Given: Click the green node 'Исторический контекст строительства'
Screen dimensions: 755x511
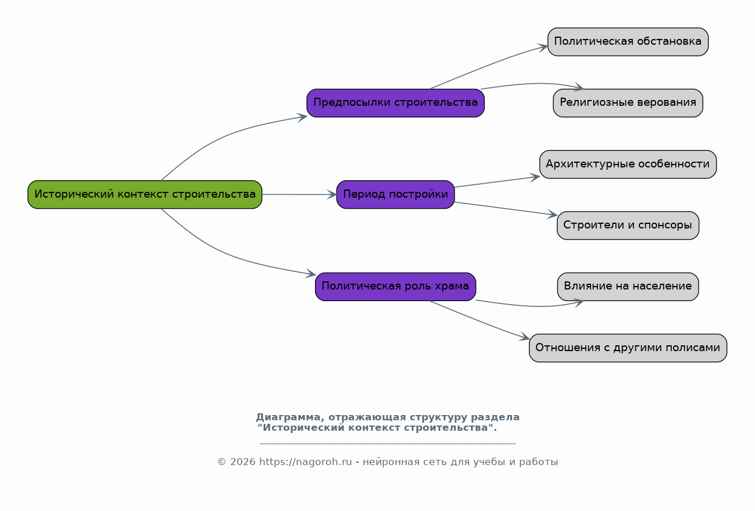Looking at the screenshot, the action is [145, 195].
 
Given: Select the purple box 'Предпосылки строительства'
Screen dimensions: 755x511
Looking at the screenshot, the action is [395, 103].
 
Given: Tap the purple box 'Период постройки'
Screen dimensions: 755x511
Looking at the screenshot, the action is [395, 195].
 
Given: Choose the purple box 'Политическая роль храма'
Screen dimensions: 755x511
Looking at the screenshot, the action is [395, 287].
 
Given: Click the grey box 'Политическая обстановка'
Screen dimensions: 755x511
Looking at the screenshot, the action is [628, 42].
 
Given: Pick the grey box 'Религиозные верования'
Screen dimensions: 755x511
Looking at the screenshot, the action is [628, 103].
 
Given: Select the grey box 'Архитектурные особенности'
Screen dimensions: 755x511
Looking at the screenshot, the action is [628, 164].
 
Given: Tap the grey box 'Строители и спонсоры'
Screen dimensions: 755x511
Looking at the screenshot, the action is [628, 226].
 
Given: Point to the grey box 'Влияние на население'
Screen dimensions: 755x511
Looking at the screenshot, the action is [628, 287].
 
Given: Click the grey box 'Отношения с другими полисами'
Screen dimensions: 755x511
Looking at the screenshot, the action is [628, 348].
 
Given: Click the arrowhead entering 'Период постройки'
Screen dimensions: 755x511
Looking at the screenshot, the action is [332, 195].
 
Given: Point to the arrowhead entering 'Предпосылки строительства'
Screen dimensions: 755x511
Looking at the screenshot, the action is [302, 117].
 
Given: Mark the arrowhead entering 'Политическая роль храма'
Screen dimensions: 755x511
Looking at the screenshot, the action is [310, 274].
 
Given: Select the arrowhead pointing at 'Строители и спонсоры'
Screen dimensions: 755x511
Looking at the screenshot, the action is [552, 214].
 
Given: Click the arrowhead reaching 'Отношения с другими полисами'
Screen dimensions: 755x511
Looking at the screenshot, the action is [524, 337].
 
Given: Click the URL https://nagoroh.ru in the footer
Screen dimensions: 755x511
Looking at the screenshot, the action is [305, 462].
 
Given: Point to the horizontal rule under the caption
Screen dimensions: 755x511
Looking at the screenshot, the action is [388, 444].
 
